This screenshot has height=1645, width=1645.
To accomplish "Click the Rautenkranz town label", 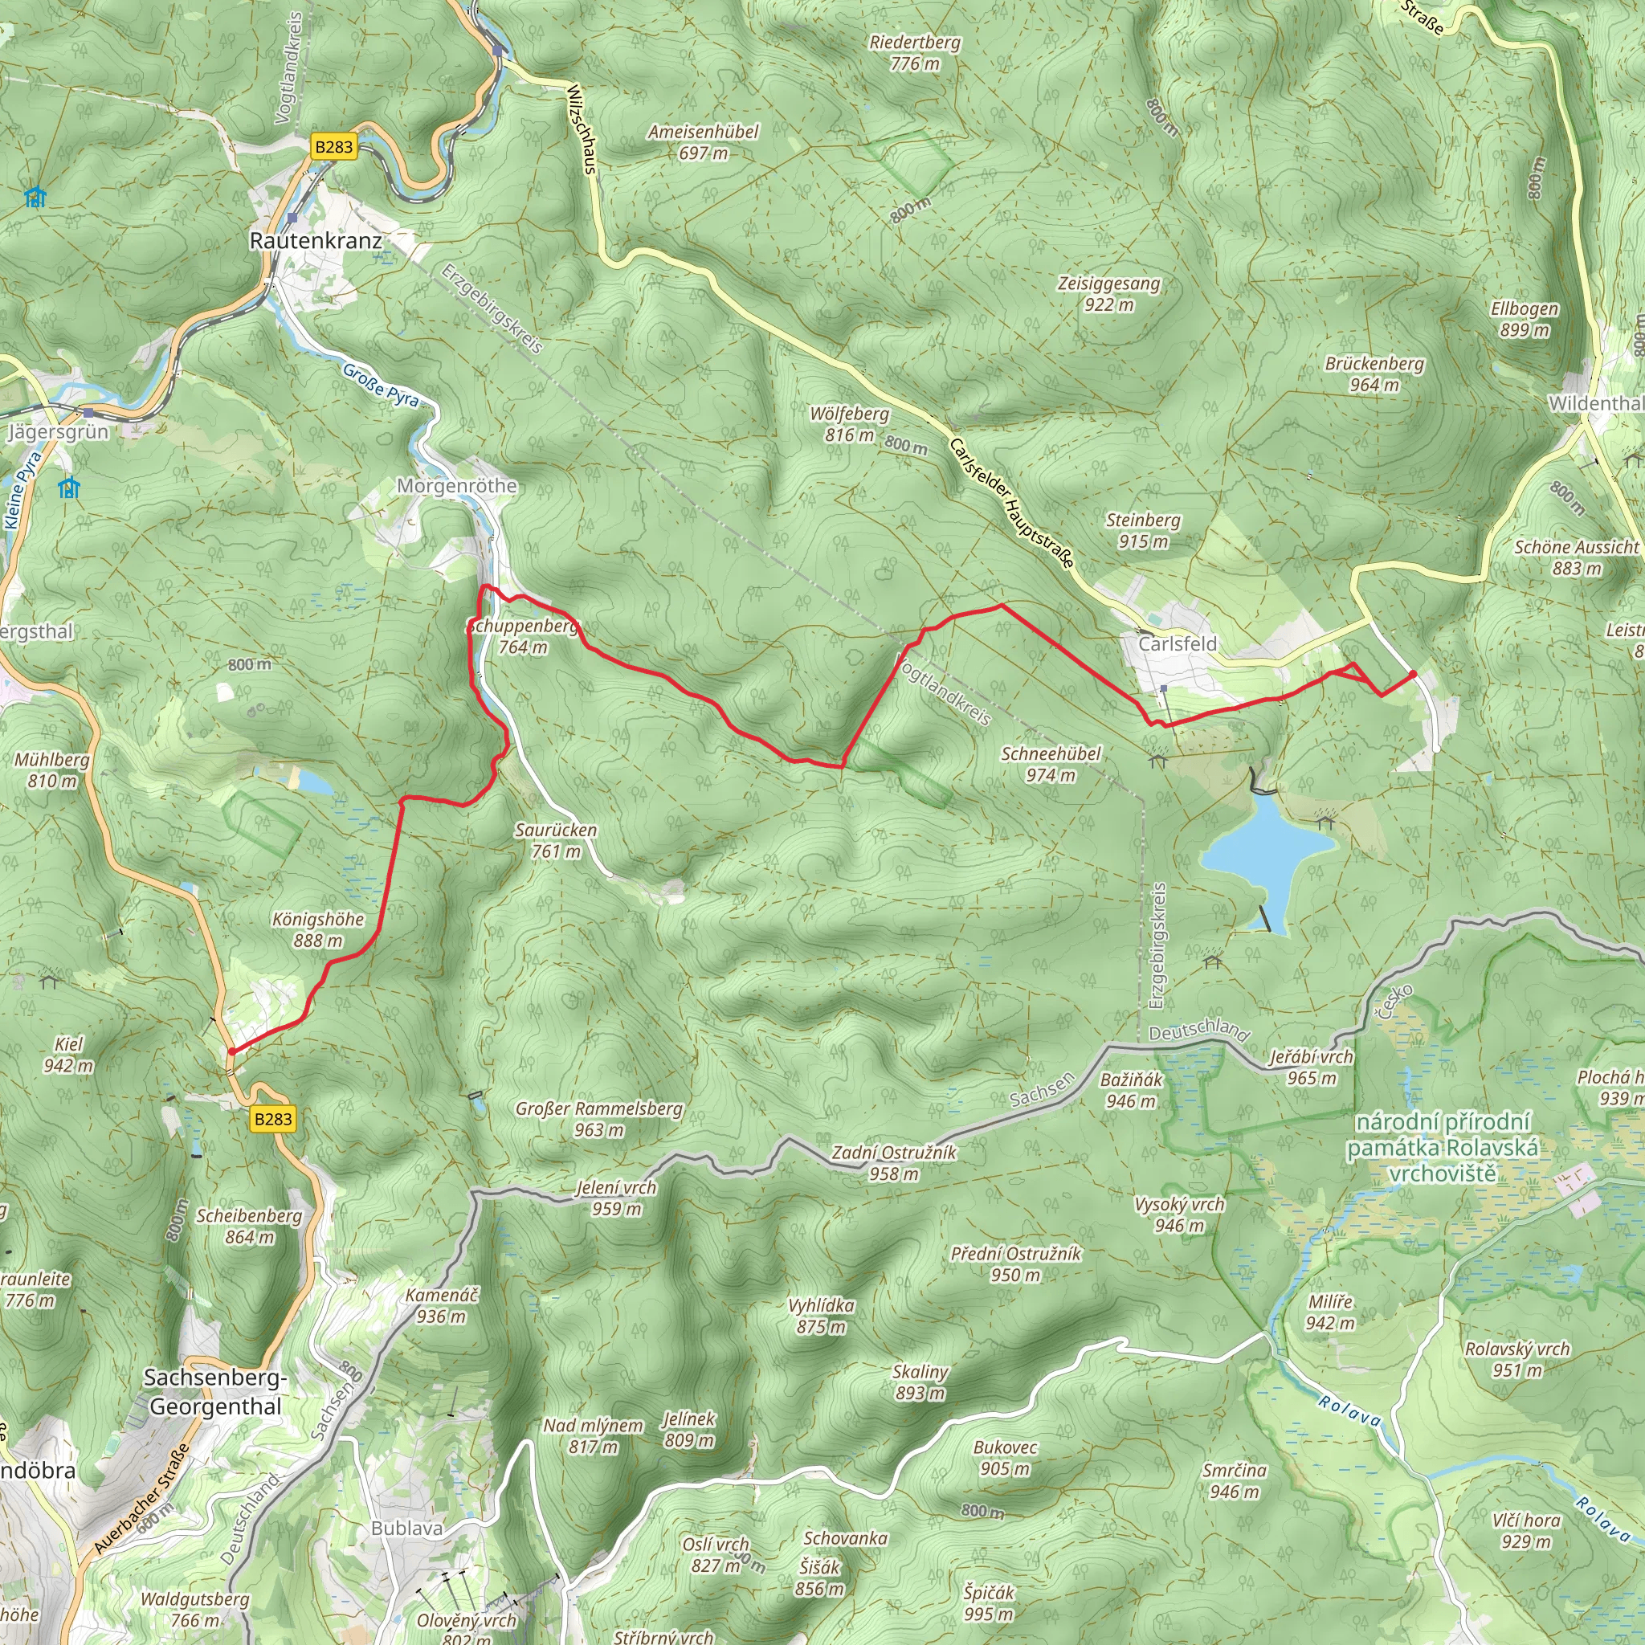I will (316, 241).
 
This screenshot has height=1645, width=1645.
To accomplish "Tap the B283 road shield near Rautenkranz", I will (333, 146).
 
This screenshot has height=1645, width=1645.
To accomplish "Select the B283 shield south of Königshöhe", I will (273, 1119).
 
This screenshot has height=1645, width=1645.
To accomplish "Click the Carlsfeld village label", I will (1178, 643).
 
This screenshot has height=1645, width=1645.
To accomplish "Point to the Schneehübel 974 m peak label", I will (1050, 764).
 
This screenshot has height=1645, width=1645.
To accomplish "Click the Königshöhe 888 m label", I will (317, 930).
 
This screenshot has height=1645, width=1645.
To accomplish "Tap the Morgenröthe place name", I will (457, 486).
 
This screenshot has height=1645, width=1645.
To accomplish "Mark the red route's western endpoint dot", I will (231, 1051).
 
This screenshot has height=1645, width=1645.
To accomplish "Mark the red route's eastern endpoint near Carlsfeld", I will (1414, 675).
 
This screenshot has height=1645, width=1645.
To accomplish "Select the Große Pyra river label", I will (381, 385).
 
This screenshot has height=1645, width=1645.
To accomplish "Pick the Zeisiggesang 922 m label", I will (1108, 294).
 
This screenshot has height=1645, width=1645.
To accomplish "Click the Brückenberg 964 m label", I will (1374, 373).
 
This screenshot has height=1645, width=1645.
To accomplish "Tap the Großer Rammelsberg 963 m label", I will (598, 1119).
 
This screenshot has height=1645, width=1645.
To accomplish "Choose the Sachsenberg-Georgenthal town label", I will (215, 1392).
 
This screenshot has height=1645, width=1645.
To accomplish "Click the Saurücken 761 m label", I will (556, 840).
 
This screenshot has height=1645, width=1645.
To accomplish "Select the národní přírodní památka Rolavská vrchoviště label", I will (1443, 1148).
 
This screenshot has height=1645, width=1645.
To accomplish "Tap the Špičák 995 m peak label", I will (989, 1602).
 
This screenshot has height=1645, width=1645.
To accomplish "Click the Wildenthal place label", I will (1594, 403).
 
